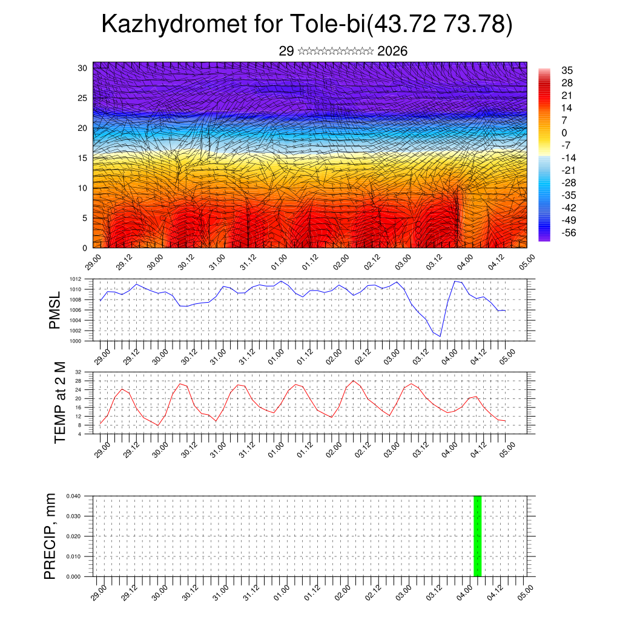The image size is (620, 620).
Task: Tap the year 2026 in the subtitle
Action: (x=392, y=51)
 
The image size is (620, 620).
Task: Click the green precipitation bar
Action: (x=477, y=536)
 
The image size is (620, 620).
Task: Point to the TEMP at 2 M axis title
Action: (x=59, y=402)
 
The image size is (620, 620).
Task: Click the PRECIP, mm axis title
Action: (x=51, y=536)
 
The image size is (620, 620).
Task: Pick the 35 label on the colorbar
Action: (x=567, y=70)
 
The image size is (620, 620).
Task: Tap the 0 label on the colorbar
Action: (x=564, y=133)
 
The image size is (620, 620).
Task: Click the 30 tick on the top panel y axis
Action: (x=82, y=68)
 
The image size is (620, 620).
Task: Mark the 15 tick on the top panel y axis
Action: (x=82, y=158)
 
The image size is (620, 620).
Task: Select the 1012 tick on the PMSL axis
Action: (x=75, y=279)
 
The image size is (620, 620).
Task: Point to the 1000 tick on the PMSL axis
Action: (x=75, y=341)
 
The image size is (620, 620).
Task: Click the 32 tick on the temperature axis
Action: (x=79, y=372)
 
